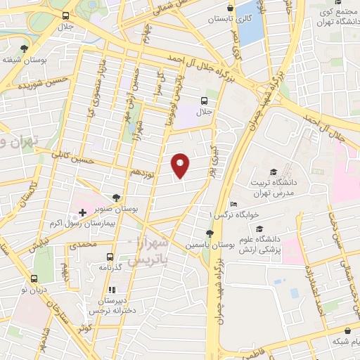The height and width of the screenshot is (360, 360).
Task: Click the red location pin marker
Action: tap(180, 165)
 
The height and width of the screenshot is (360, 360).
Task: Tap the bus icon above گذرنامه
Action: tap(109, 257)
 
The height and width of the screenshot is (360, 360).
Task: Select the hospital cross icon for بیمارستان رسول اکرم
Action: tap(82, 212)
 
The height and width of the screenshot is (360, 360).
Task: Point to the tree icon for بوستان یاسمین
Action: tap(209, 233)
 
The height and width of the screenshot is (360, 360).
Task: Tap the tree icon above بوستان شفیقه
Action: tap(25, 49)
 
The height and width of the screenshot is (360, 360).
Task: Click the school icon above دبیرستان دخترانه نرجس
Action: tap(110, 290)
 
